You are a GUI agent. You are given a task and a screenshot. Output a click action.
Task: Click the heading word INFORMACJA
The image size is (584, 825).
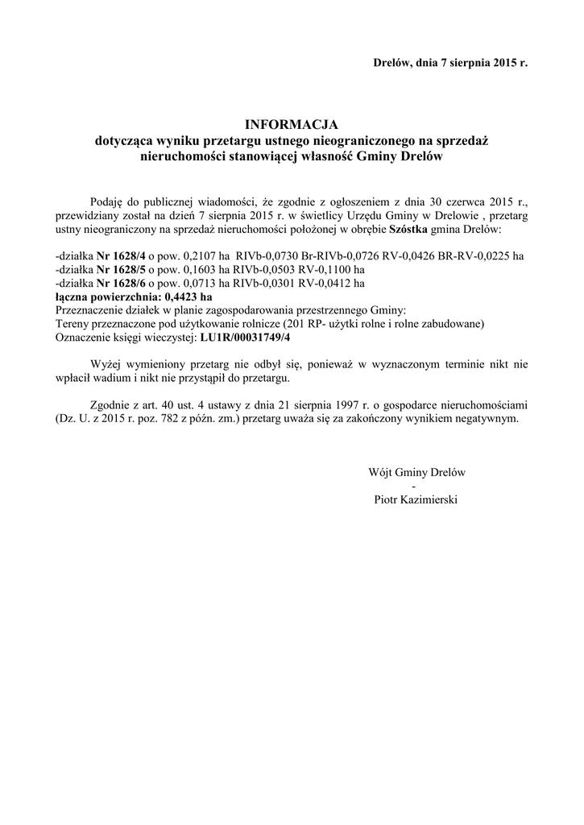tap(291, 125)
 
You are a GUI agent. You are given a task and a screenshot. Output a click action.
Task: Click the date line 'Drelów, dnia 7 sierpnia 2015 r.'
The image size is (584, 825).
tap(450, 62)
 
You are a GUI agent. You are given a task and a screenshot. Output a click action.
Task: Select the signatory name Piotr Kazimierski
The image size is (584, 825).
tap(416, 500)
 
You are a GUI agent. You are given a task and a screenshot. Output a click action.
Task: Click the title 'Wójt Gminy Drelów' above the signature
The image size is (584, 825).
tap(417, 473)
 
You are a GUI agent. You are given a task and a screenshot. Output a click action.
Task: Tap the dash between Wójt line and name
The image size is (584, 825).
tap(414, 487)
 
